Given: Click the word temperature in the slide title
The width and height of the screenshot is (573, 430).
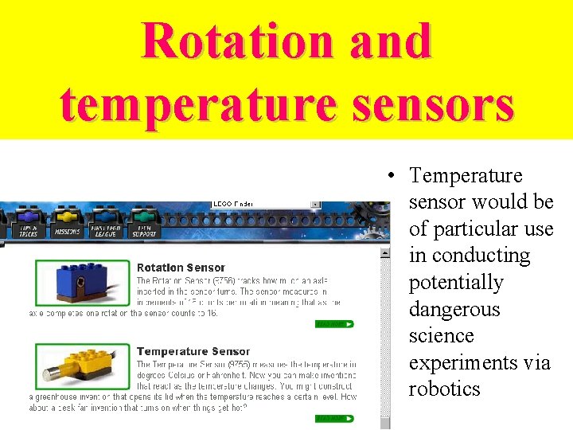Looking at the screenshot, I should pyautogui.click(x=187, y=104).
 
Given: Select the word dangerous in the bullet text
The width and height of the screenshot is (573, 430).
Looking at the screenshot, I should pyautogui.click(x=454, y=309).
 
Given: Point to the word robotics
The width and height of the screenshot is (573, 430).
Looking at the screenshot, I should pyautogui.click(x=444, y=389).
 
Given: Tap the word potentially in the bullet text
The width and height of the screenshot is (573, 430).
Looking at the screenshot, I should pyautogui.click(x=456, y=283).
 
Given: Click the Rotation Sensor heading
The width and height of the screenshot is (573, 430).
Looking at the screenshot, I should pyautogui.click(x=181, y=268).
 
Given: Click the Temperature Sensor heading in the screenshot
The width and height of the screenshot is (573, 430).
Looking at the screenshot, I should pyautogui.click(x=193, y=351).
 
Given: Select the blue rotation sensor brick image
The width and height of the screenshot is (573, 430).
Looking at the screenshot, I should pyautogui.click(x=82, y=283).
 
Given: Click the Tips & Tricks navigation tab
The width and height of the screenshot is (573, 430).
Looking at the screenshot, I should pyautogui.click(x=28, y=223).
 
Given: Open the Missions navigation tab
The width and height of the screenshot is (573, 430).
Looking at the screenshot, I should pyautogui.click(x=66, y=223).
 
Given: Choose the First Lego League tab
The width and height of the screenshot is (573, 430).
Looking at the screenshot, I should pyautogui.click(x=105, y=223).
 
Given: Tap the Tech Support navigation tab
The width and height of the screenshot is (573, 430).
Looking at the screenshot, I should pyautogui.click(x=143, y=223).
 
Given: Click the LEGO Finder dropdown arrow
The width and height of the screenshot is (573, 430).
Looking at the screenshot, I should pyautogui.click(x=315, y=204).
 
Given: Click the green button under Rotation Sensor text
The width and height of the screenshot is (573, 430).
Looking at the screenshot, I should pyautogui.click(x=334, y=324).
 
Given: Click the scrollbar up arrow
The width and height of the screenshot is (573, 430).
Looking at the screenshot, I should pyautogui.click(x=385, y=253).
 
